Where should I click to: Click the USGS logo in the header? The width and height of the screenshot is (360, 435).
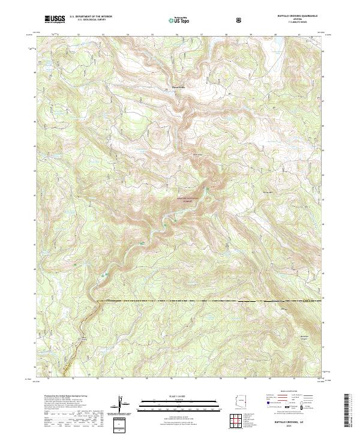pos(54,19)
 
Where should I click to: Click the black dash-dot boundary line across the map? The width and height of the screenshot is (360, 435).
pos(210,301)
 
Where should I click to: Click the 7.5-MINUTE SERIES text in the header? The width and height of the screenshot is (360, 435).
pos(298,23)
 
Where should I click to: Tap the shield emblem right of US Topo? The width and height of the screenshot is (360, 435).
pos(240,19)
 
